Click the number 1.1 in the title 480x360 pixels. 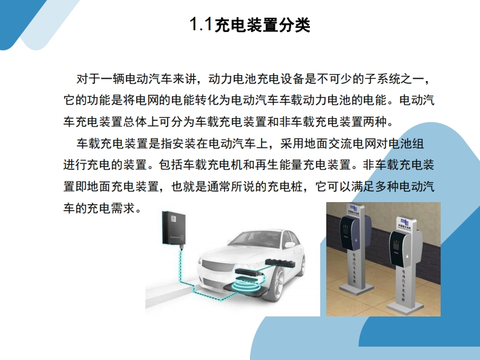[x=201, y=24]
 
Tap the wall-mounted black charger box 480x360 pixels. [x=174, y=228]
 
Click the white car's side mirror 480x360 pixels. [x=289, y=245]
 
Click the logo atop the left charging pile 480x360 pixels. [x=353, y=209]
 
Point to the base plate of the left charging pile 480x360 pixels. [x=356, y=288]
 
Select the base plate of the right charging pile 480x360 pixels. [x=405, y=306]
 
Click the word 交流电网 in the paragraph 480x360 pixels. [x=352, y=143]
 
